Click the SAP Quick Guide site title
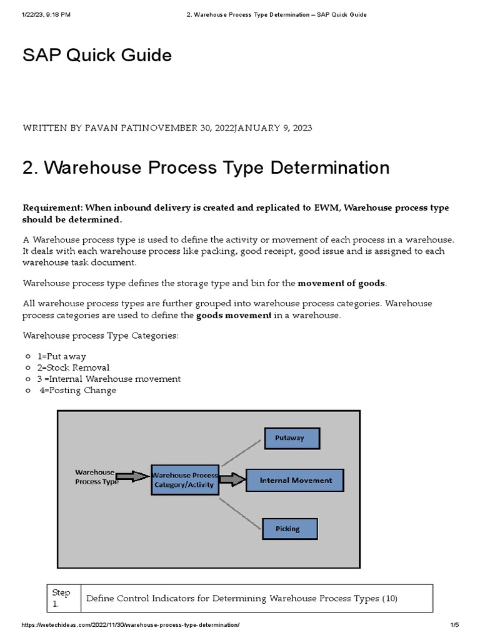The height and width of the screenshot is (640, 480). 97,56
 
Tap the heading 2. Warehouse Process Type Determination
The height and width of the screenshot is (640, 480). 206,167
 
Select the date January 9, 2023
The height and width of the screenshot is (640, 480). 272,128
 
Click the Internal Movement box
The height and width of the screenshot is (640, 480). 294,480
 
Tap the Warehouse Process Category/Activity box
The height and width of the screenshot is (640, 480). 185,480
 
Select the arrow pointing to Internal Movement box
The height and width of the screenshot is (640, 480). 232,480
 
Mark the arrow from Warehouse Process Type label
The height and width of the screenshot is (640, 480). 133,477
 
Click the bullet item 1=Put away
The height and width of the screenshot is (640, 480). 61,356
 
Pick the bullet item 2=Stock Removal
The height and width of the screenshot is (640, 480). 73,367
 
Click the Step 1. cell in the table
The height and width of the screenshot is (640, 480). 62,598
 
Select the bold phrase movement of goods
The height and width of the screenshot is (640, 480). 341,283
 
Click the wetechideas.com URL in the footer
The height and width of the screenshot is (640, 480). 131,625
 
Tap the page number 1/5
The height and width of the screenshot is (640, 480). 454,625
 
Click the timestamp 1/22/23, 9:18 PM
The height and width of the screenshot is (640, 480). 47,15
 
